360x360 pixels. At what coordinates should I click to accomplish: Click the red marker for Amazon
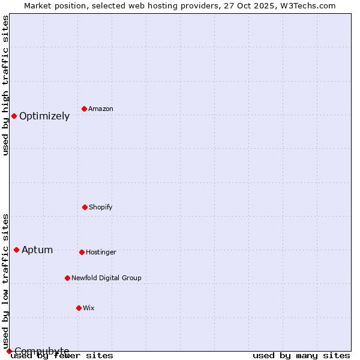pos(85,109)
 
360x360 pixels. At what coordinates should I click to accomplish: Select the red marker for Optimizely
pos(14,116)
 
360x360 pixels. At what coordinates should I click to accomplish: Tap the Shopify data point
pos(85,207)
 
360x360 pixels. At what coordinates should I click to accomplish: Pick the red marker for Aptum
pos(16,250)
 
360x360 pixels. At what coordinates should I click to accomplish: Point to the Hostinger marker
pos(82,252)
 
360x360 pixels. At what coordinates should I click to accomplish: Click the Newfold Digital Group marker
pos(67,278)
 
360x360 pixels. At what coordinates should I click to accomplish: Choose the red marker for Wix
pos(79,308)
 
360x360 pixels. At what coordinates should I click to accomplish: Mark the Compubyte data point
pos(9,351)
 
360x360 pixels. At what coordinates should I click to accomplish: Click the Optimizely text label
pos(44,116)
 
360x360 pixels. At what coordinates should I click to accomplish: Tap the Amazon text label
pos(101,109)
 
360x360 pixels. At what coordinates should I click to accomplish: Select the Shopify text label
pos(101,208)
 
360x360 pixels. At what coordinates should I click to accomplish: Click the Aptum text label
pos(37,250)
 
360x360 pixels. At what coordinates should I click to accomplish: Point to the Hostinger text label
pos(101,253)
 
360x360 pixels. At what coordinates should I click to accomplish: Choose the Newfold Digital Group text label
pos(106,278)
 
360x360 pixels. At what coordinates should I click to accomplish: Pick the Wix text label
pos(89,308)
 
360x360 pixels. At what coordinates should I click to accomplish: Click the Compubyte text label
pos(42,351)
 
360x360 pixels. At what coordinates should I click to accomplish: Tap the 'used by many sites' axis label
pos(301,356)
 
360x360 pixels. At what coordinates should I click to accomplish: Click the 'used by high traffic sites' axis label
pos(5,85)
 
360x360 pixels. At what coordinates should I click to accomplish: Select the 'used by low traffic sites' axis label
pos(5,281)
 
